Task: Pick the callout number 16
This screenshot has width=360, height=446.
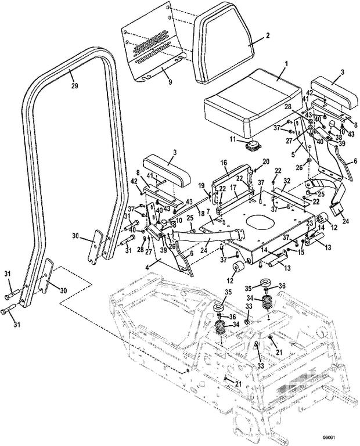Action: [x=224, y=163]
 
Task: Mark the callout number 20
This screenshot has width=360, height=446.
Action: [x=265, y=161]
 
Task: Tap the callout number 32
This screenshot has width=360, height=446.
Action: [x=286, y=182]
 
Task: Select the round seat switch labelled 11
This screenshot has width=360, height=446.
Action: [x=253, y=145]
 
